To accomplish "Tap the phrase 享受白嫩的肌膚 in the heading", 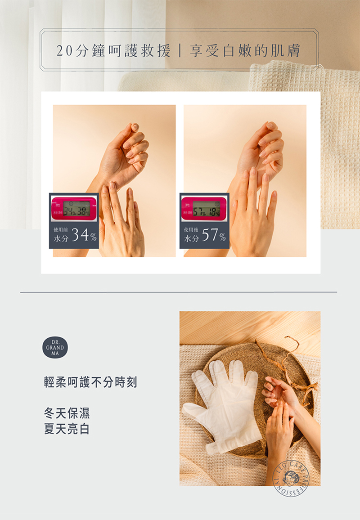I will (x=245, y=51).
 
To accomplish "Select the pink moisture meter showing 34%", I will (x=74, y=208).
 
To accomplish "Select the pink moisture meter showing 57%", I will (x=204, y=208).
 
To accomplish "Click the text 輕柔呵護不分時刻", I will (x=90, y=382).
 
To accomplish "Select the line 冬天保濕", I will (x=67, y=413).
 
